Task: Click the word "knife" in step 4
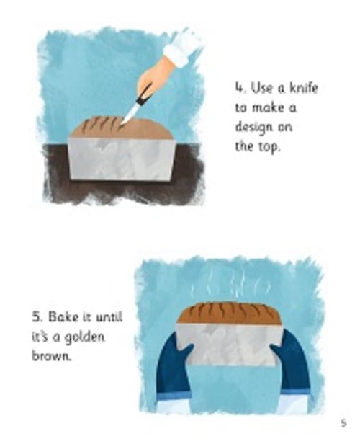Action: (303, 88)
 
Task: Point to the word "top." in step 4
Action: (269, 146)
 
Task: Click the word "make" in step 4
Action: (268, 107)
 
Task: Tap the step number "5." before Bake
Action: (37, 317)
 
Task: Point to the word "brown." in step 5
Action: (51, 356)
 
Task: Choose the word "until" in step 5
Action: (109, 316)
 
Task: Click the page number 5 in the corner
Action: (343, 423)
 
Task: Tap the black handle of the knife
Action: (144, 94)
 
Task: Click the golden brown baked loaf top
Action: (229, 314)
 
